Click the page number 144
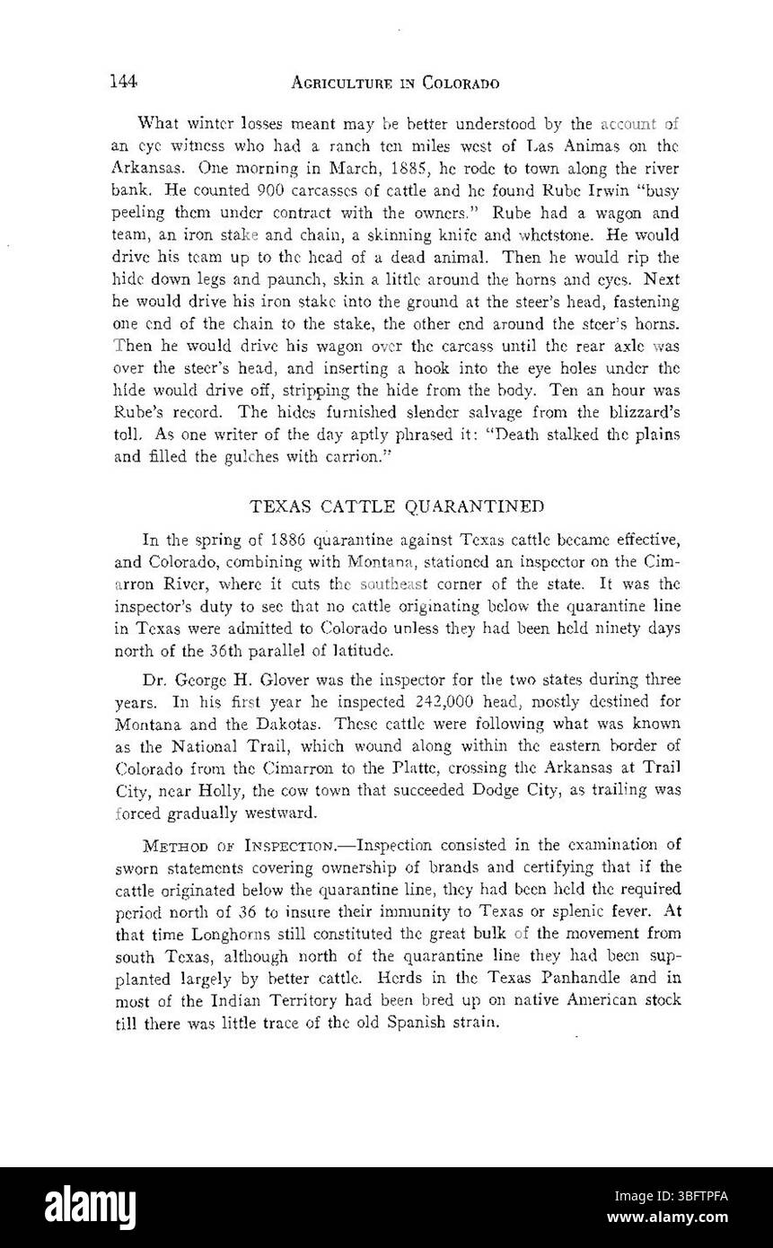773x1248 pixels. click(122, 82)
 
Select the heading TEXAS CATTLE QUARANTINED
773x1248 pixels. click(396, 505)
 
